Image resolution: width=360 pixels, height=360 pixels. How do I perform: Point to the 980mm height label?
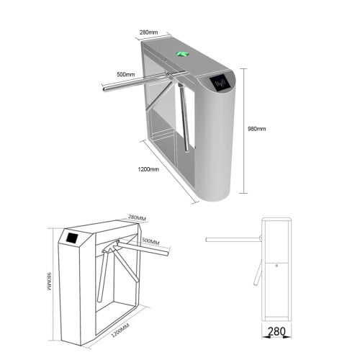[257, 129]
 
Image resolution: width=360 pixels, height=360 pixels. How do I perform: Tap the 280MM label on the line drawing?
[138, 217]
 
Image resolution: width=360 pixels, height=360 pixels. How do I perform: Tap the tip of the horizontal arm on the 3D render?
[104, 89]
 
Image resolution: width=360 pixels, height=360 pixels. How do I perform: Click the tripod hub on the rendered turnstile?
[171, 76]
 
